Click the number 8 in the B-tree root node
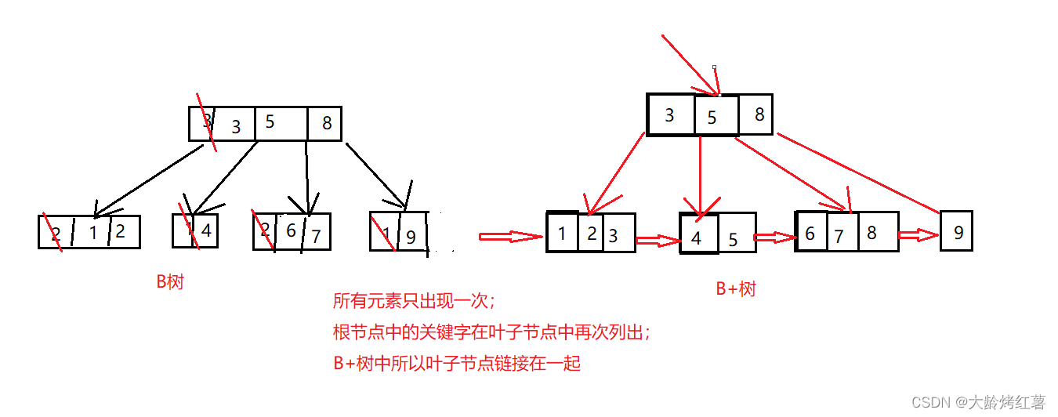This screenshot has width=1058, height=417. [327, 123]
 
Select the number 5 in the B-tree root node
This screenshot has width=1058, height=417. [270, 122]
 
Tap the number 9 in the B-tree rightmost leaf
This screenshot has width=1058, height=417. [411, 236]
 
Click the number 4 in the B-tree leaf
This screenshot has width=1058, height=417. [206, 231]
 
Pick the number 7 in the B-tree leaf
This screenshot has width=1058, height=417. [316, 235]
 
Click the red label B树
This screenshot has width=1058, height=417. [170, 282]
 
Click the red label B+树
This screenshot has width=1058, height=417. [736, 288]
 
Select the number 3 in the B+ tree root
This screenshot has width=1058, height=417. [669, 115]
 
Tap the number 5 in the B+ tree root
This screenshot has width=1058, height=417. [712, 118]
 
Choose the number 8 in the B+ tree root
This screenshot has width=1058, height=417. [759, 114]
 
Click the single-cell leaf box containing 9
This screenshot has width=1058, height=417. [956, 231]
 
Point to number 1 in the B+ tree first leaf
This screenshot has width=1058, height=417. [562, 234]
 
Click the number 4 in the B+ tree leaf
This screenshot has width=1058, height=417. [697, 238]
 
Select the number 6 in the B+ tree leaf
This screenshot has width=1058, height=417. [810, 234]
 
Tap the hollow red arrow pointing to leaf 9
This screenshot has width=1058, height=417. [918, 235]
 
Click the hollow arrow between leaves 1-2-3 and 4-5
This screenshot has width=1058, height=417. [657, 241]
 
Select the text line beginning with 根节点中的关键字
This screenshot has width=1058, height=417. [491, 332]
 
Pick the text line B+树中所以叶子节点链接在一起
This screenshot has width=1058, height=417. [457, 364]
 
